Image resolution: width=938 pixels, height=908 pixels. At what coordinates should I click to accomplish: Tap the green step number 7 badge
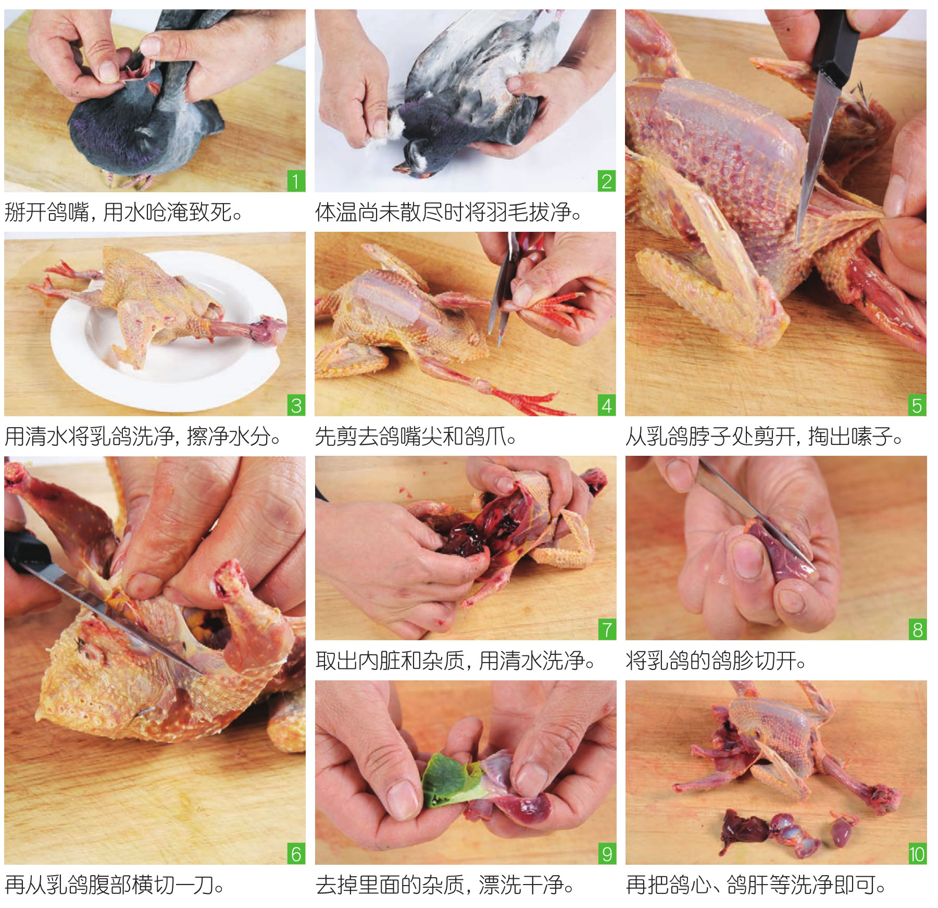coord(606,629)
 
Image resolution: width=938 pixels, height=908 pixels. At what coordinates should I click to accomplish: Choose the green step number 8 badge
coord(917,629)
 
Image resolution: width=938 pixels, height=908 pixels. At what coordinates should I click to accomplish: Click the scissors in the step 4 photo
coord(503,292)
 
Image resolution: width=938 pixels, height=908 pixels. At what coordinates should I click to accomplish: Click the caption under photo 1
coord(124,212)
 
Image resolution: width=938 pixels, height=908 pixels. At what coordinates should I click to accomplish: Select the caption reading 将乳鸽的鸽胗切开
coord(716,661)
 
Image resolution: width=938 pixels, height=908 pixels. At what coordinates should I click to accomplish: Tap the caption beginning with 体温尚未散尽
coord(448,212)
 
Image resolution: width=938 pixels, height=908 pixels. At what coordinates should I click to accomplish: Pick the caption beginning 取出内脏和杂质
coord(456,661)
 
